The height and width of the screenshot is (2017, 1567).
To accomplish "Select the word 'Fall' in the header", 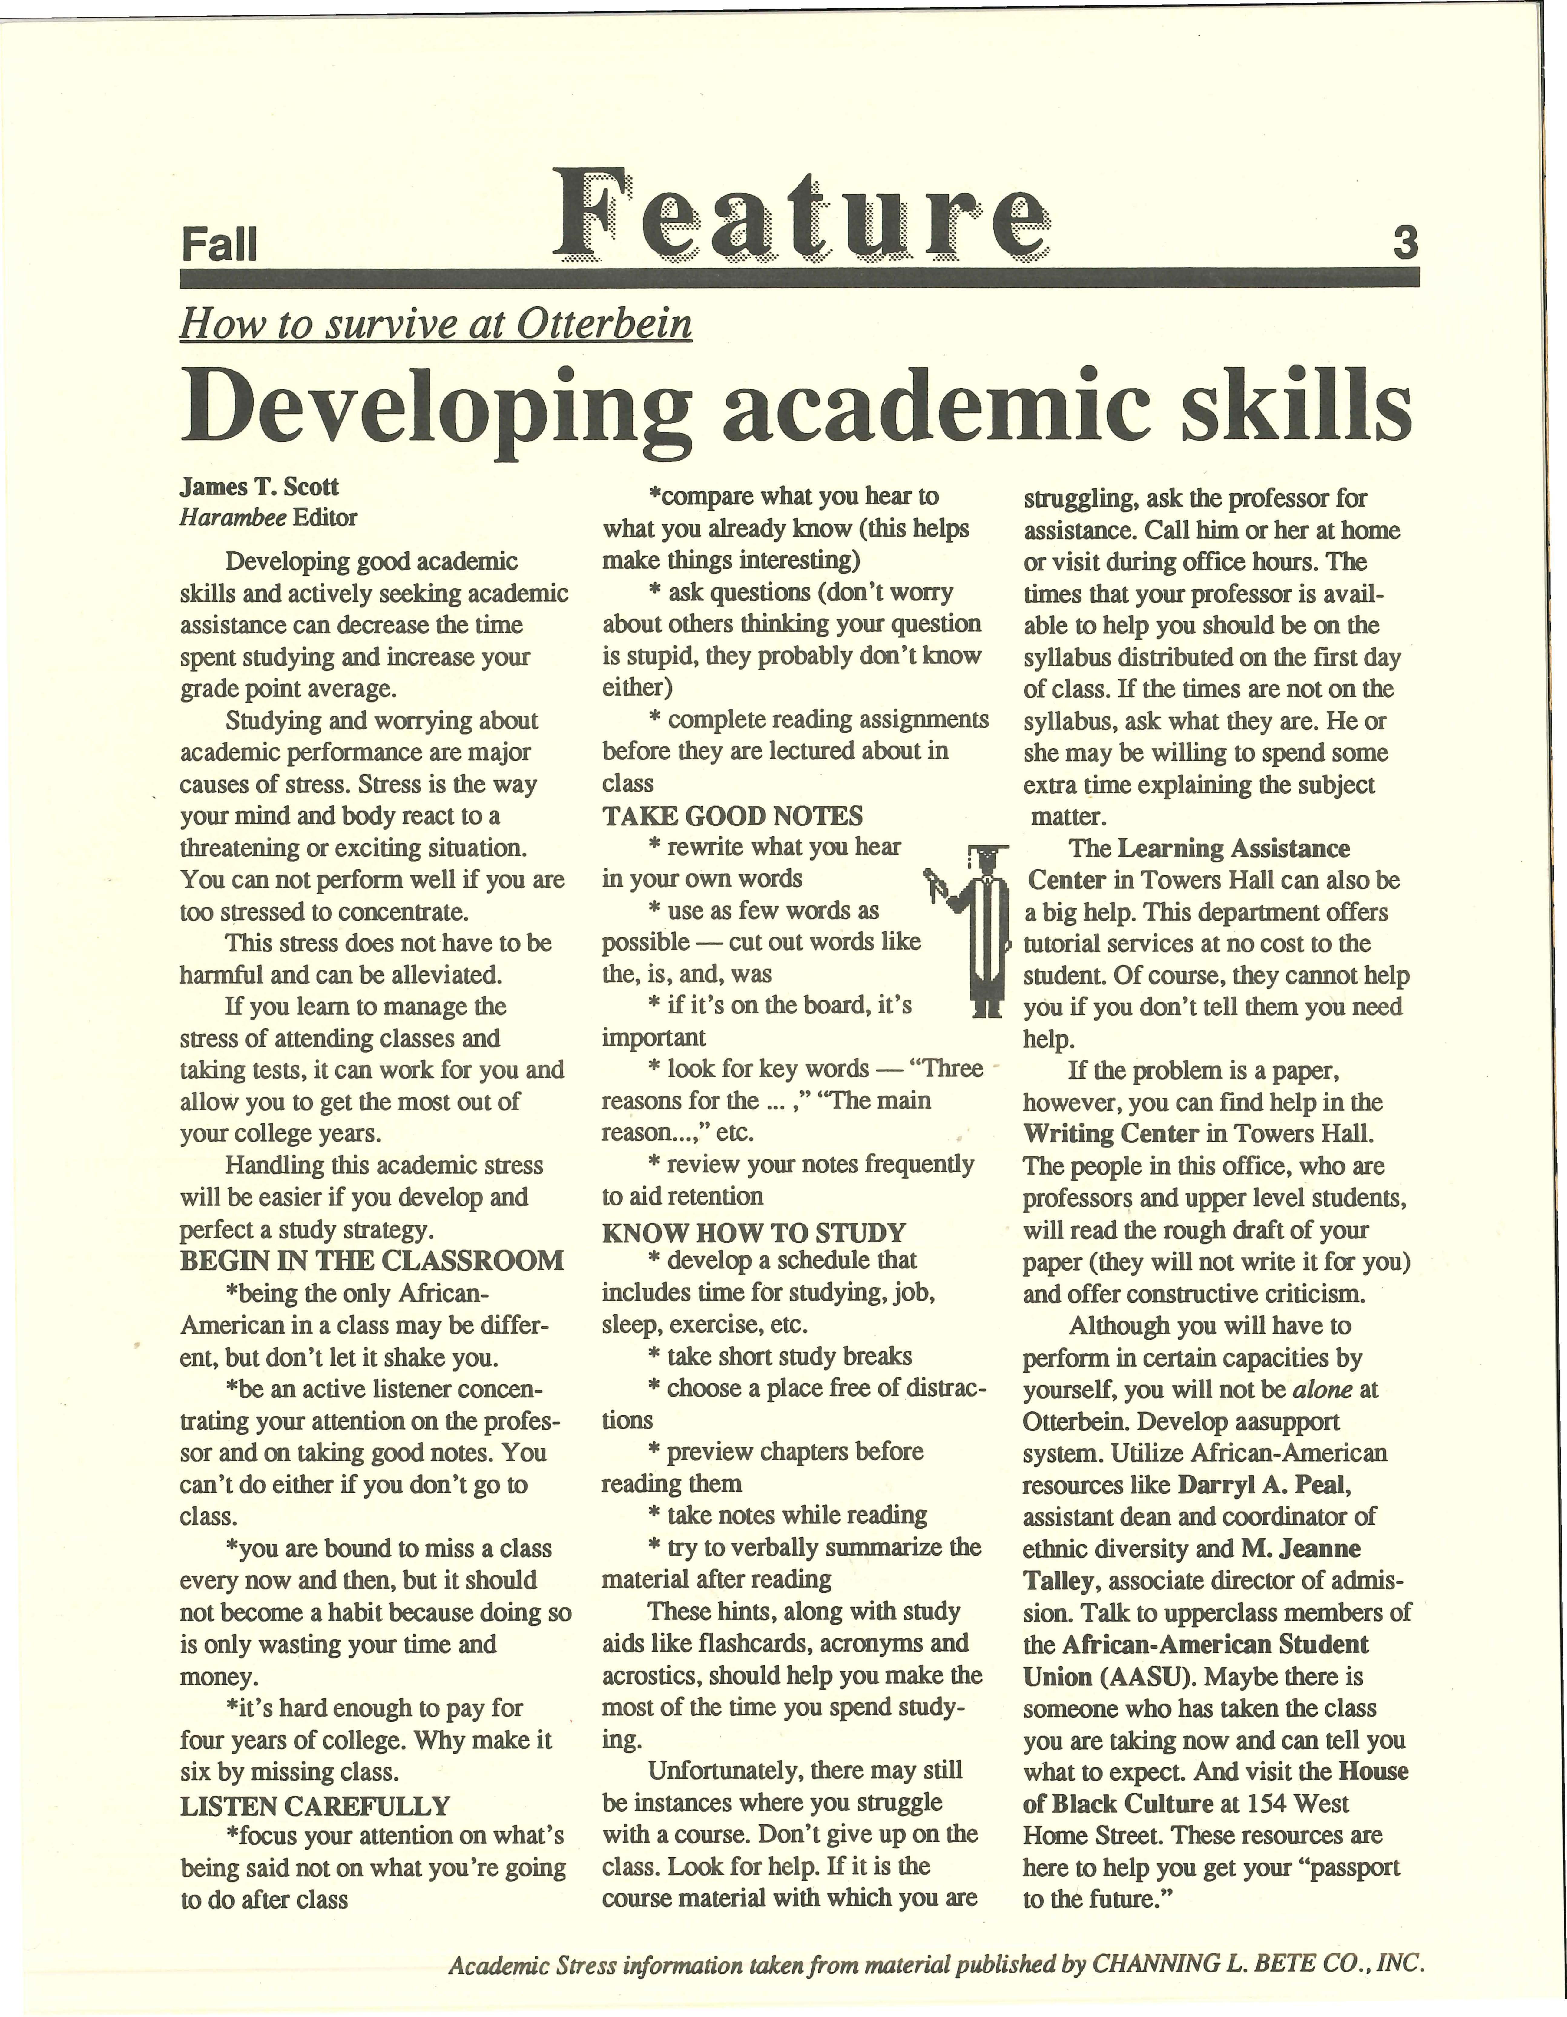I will (x=219, y=246).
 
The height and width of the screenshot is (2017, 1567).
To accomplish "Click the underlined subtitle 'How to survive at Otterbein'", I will (x=436, y=324).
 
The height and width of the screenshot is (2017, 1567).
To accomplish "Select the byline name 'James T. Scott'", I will (x=259, y=487).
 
